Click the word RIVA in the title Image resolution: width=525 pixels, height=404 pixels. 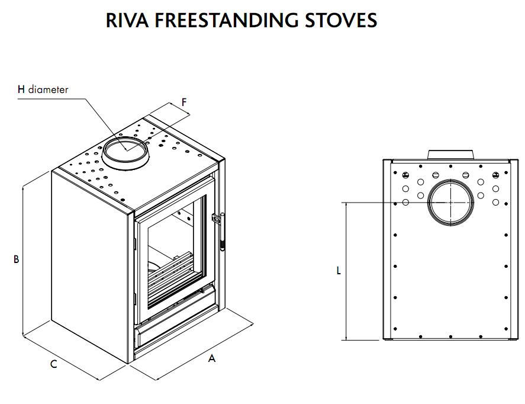(x=127, y=20)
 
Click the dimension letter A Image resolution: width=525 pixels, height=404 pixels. (x=212, y=358)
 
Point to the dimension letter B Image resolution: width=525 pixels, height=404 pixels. (x=17, y=259)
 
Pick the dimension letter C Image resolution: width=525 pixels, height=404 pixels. (x=53, y=364)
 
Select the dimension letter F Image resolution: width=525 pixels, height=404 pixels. (x=184, y=102)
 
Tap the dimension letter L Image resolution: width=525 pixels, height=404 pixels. (x=339, y=271)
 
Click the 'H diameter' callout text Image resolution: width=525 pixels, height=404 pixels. (x=43, y=90)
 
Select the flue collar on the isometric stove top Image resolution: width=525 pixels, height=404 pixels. (x=125, y=153)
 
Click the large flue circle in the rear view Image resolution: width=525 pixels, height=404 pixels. (x=451, y=202)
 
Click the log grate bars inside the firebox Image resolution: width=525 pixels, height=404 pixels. (x=172, y=278)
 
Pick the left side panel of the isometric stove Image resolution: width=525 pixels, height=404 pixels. (x=89, y=267)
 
